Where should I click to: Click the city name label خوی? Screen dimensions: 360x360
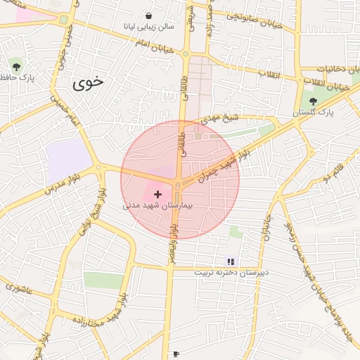(x=88, y=82)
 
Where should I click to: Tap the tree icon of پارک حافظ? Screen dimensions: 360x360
(x=16, y=67)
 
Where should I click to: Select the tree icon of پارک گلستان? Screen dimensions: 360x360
(x=313, y=101)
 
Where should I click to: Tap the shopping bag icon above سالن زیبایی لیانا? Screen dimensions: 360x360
(x=148, y=15)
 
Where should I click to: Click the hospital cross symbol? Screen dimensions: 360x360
(x=157, y=193)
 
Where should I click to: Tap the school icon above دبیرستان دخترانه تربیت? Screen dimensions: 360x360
(x=231, y=262)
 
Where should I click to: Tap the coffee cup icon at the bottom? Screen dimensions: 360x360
(x=176, y=353)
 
